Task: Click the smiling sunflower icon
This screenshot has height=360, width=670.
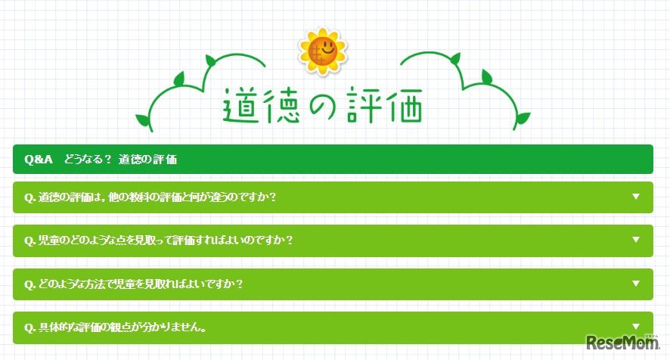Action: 323,51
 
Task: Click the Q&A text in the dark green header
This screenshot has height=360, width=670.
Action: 38,160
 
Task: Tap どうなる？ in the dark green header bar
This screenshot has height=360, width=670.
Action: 88,160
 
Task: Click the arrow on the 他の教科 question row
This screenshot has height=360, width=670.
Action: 636,197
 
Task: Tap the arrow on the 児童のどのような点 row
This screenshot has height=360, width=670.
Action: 636,240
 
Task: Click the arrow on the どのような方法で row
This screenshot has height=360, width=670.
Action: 636,284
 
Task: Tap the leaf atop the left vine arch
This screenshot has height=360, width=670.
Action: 180,79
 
